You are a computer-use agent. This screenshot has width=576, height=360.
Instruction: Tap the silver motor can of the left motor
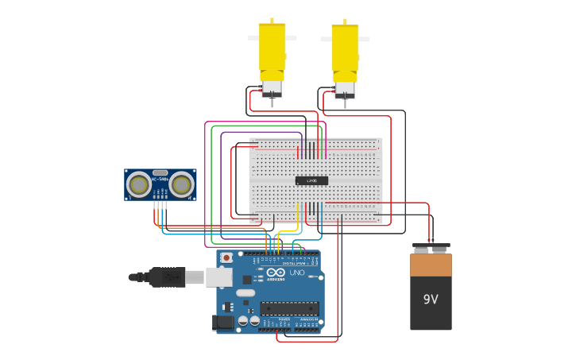coord(272,87)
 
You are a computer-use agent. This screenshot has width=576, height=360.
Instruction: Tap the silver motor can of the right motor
coord(345,87)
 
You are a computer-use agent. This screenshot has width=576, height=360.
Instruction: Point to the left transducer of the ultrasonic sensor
coord(140,185)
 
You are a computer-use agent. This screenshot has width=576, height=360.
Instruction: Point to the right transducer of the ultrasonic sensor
coord(181,185)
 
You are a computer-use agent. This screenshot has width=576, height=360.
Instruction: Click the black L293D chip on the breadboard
coord(311,180)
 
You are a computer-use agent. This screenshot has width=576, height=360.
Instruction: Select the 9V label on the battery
coord(431,300)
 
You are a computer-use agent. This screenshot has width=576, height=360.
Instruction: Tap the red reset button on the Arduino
coord(226,258)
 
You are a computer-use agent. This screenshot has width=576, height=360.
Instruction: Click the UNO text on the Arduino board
coord(297,273)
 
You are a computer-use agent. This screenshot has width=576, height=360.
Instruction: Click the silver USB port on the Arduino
coord(219,277)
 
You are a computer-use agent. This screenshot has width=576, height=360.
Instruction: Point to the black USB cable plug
coord(167,277)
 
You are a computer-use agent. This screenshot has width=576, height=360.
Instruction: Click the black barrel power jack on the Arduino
coord(223,322)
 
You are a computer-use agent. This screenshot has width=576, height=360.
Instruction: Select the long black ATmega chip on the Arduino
coord(289,308)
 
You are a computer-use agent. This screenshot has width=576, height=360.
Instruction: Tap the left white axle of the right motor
coord(326,38)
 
